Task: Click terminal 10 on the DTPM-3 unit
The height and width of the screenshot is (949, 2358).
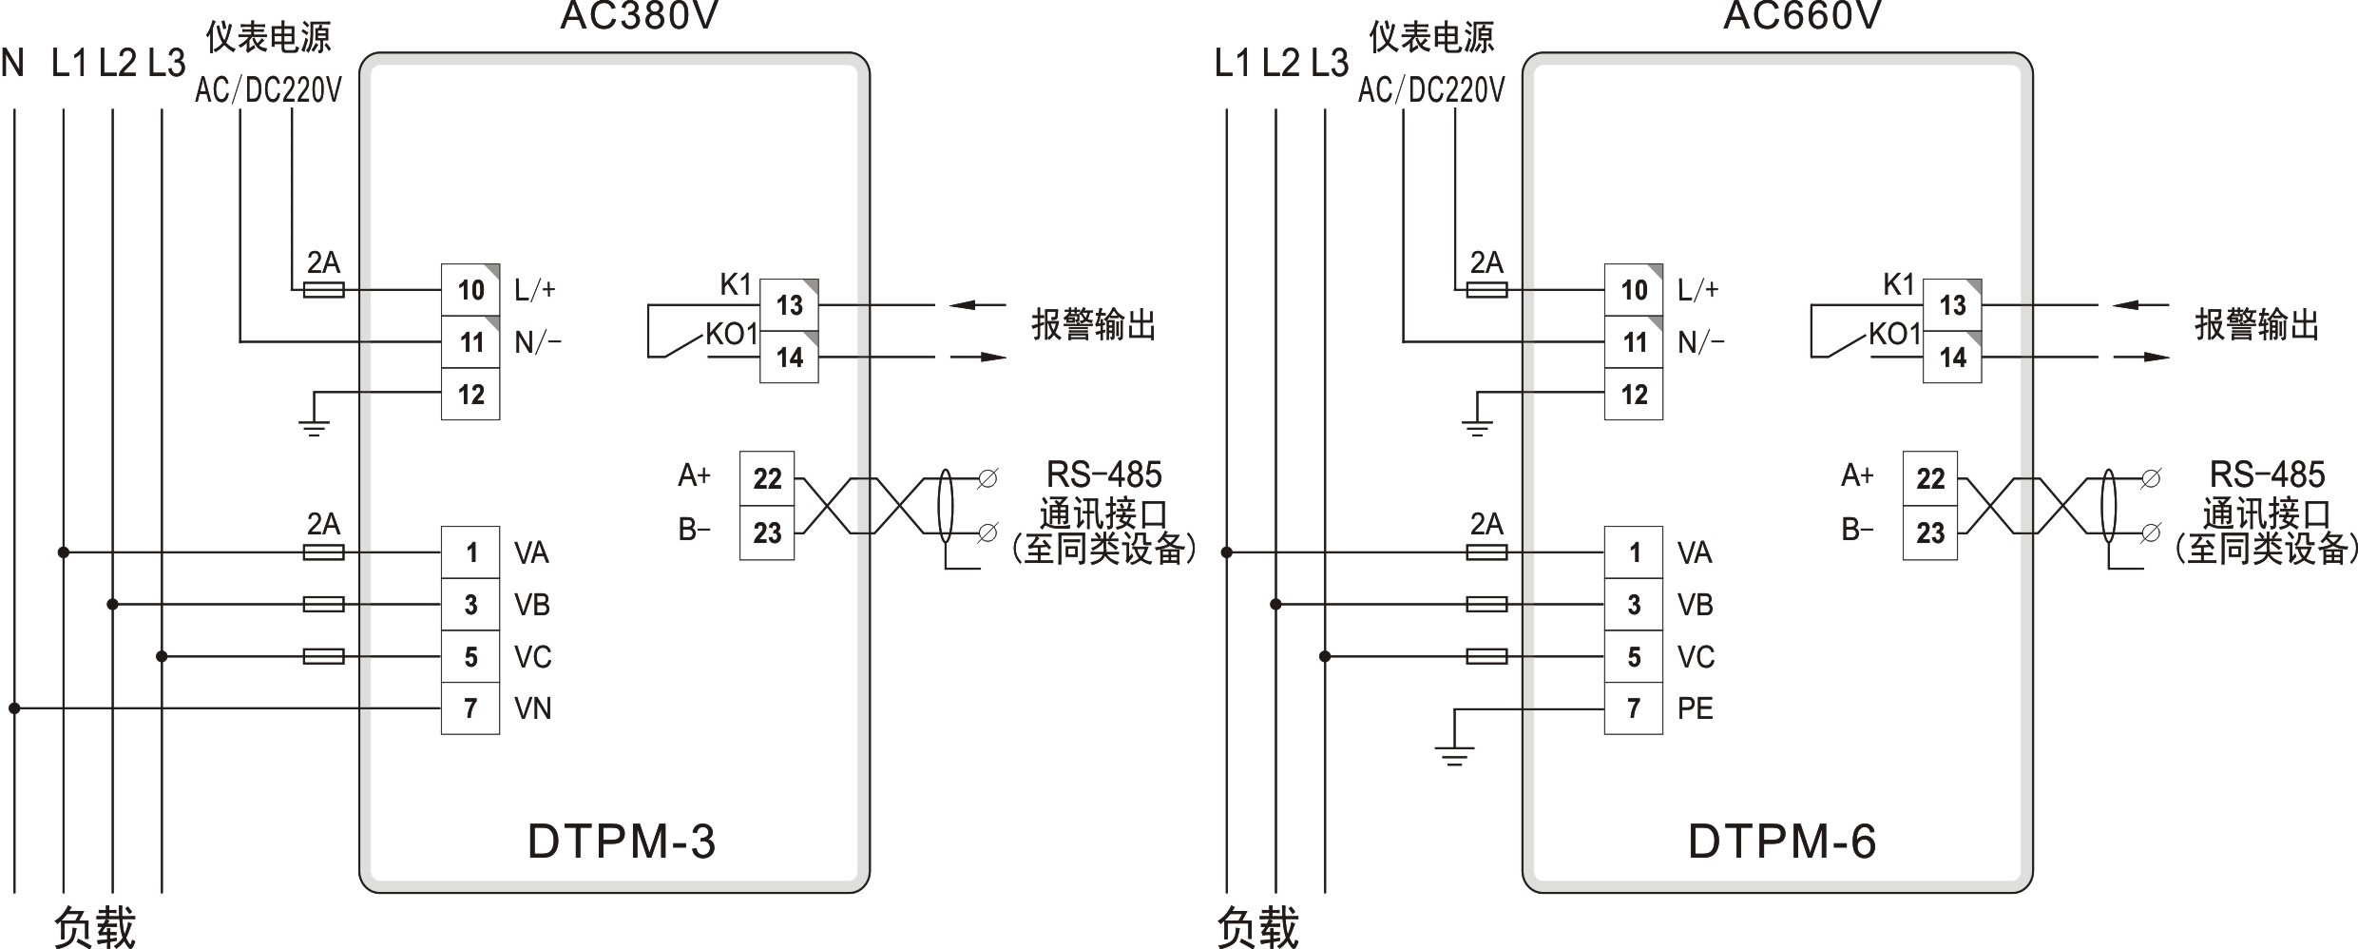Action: pyautogui.click(x=470, y=290)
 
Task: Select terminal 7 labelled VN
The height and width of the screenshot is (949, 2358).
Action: pyautogui.click(x=470, y=708)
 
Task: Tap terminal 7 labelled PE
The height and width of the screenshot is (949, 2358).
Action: pyautogui.click(x=1634, y=708)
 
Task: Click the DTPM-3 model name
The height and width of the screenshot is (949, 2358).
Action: pyautogui.click(x=622, y=842)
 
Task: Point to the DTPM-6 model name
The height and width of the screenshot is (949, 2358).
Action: pyautogui.click(x=1782, y=842)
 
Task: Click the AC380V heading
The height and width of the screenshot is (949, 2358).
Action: pyautogui.click(x=639, y=15)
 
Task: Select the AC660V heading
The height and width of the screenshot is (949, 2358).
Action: pyautogui.click(x=1802, y=15)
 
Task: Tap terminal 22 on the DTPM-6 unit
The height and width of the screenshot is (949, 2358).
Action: pyautogui.click(x=1930, y=478)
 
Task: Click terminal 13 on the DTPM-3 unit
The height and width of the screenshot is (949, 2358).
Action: pyautogui.click(x=789, y=305)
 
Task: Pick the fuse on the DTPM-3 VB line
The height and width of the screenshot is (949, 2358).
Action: pyautogui.click(x=323, y=604)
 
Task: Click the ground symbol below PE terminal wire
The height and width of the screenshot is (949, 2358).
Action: pyautogui.click(x=1454, y=756)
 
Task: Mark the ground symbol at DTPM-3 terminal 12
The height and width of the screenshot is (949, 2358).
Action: pyautogui.click(x=314, y=427)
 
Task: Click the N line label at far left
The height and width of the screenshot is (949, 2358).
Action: pyautogui.click(x=13, y=64)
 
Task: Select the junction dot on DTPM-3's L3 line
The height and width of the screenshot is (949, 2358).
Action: pyautogui.click(x=162, y=656)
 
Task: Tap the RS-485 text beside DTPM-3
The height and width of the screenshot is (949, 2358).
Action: pyautogui.click(x=1103, y=474)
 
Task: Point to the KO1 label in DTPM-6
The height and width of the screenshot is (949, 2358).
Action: pyautogui.click(x=1894, y=334)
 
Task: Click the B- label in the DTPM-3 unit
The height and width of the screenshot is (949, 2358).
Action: pyautogui.click(x=694, y=529)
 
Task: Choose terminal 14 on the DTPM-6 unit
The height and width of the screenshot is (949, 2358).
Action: pyautogui.click(x=1952, y=358)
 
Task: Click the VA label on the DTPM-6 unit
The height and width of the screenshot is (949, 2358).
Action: pyautogui.click(x=1695, y=552)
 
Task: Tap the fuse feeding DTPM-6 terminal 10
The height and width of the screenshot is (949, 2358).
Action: pyautogui.click(x=1486, y=289)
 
